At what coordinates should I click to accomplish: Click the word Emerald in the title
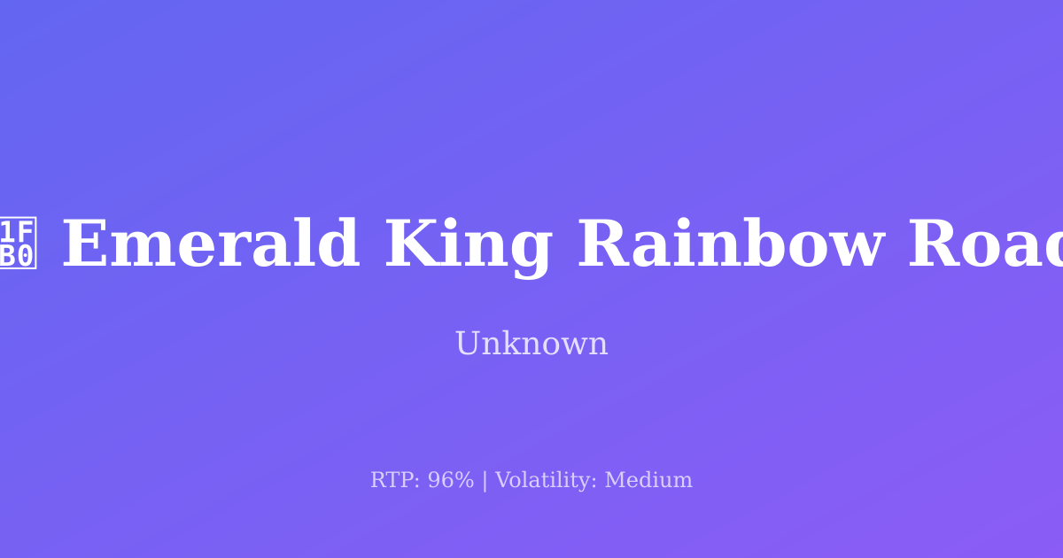211,245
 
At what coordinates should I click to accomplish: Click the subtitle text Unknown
531,344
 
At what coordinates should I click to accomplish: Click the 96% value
451,481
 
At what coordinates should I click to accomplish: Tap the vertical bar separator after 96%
485,481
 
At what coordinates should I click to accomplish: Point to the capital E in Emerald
84,245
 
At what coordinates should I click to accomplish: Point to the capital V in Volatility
502,481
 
